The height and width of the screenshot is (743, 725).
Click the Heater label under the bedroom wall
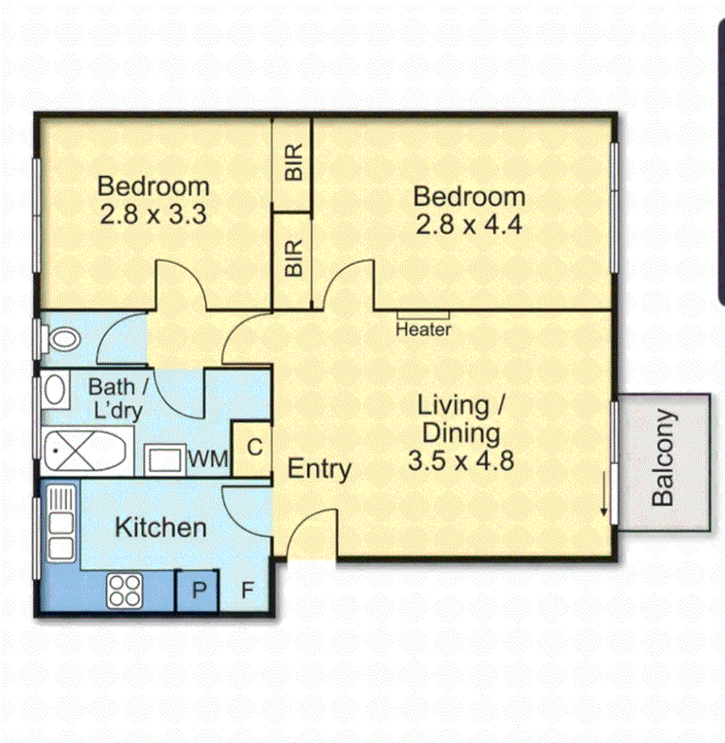click(423, 329)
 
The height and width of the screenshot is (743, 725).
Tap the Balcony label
click(664, 458)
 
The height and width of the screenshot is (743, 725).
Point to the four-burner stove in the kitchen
click(124, 590)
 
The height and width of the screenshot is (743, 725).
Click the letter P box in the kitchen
click(198, 590)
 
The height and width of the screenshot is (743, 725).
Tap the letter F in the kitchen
click(247, 590)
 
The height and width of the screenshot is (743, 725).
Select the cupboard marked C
click(251, 446)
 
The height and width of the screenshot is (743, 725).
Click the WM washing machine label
click(208, 460)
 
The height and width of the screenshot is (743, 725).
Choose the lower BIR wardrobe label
click(293, 258)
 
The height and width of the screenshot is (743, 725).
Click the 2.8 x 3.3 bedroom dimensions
click(153, 213)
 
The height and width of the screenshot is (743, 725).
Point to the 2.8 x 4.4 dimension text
click(468, 225)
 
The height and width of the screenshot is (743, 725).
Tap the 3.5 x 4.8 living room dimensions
click(461, 461)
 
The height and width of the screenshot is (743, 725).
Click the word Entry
click(319, 469)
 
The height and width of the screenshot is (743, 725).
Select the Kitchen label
click(160, 527)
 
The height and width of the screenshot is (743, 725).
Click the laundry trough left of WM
click(164, 460)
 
